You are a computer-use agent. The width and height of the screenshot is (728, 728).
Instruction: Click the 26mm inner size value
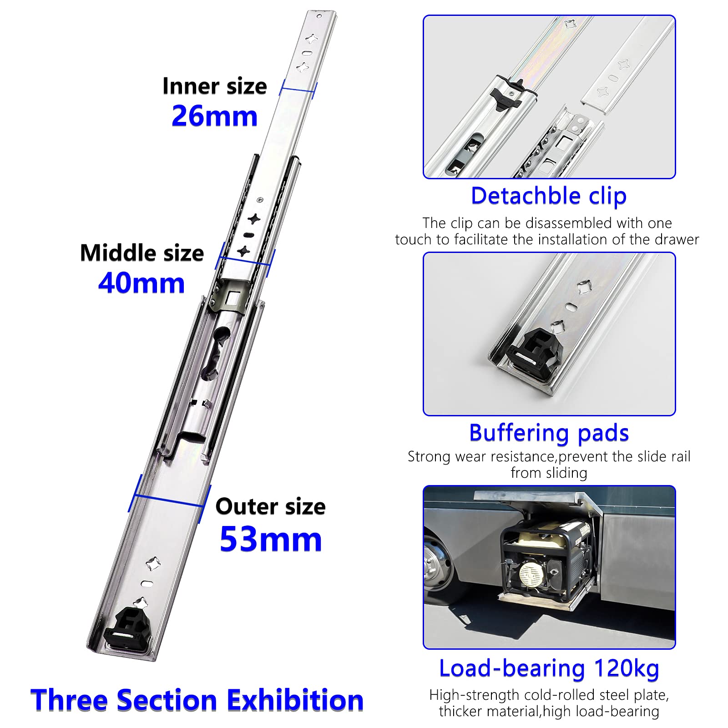(214, 116)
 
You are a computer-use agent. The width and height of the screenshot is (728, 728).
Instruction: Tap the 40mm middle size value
(142, 283)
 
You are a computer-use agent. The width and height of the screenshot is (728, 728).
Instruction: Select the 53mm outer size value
(271, 540)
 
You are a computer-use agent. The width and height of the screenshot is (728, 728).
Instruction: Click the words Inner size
(214, 86)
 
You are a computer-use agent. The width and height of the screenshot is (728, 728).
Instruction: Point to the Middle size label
(142, 253)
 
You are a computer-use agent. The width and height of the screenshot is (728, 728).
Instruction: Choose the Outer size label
(270, 506)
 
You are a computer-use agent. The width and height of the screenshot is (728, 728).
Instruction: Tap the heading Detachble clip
(549, 196)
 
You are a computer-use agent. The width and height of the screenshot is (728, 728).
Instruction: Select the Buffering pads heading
(549, 433)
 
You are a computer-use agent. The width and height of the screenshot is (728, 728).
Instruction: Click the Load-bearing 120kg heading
(549, 668)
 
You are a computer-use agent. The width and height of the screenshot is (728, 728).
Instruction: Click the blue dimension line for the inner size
(298, 89)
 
